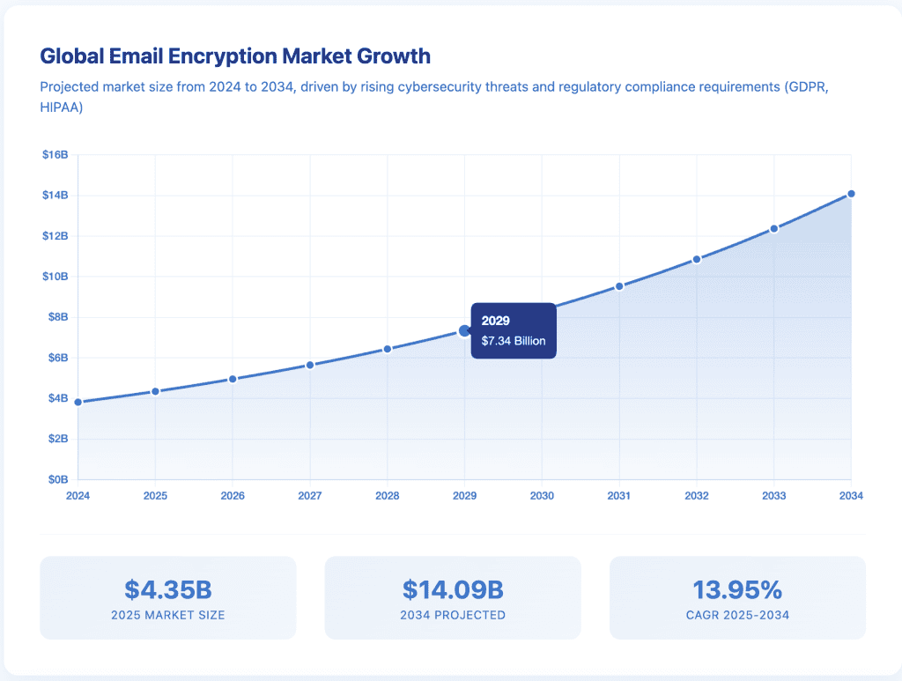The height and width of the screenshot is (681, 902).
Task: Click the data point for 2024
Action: pos(78,402)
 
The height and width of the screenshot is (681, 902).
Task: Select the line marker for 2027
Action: pos(310,365)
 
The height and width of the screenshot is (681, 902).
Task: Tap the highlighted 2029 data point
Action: pos(465,331)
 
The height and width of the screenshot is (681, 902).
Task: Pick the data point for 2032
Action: pos(697,259)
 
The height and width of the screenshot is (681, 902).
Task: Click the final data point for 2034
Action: pos(851,194)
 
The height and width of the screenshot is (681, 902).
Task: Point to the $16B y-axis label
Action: pos(55,155)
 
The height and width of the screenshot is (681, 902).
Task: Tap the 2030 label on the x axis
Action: pos(542,496)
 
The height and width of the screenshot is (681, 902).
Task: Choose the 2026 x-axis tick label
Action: pos(233,496)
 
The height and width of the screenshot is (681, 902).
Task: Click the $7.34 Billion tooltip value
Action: pos(514,341)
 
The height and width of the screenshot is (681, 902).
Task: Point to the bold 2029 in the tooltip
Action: pos(496,321)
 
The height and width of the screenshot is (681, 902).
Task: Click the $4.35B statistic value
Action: pos(167,588)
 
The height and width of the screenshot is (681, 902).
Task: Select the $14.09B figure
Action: pos(453,588)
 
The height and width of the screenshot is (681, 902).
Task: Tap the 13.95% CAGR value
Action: pos(737,588)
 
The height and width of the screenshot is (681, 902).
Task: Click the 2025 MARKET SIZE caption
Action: pos(167,615)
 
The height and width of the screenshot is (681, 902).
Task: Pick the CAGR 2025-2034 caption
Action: pos(737,615)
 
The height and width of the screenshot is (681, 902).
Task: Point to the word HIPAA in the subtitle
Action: pos(62,106)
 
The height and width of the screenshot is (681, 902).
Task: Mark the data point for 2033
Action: pos(774,229)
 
